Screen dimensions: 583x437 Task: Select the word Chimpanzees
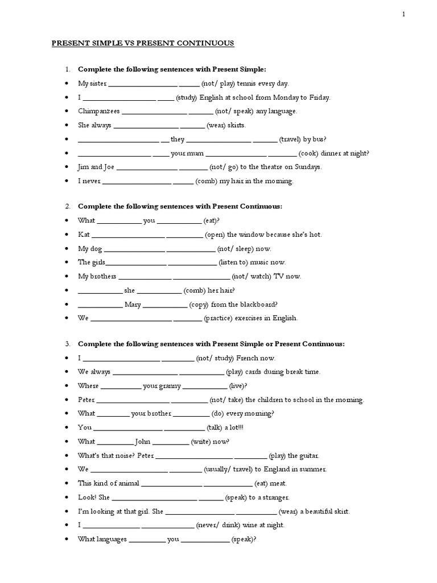[98, 112]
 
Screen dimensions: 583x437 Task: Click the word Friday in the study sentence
[319, 97]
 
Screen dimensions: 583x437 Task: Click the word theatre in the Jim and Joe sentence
[267, 167]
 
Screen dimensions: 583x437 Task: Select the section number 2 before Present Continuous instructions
[67, 206]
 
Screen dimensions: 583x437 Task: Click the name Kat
[84, 235]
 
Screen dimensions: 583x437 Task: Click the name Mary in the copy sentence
[133, 305]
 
